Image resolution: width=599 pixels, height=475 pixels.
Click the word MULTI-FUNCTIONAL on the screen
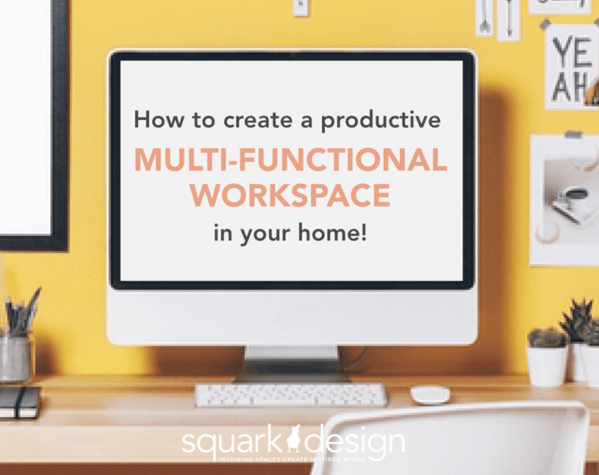[x=290, y=161]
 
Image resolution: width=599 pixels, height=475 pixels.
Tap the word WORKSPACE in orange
[x=290, y=195]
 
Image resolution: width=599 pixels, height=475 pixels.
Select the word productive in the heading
[x=381, y=121]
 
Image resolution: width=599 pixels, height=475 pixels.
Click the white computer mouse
[x=431, y=395]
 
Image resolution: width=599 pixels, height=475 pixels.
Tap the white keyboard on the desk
[x=290, y=395]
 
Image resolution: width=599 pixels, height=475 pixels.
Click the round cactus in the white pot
[x=547, y=339]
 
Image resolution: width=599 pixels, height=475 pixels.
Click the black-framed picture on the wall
[x=31, y=125]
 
